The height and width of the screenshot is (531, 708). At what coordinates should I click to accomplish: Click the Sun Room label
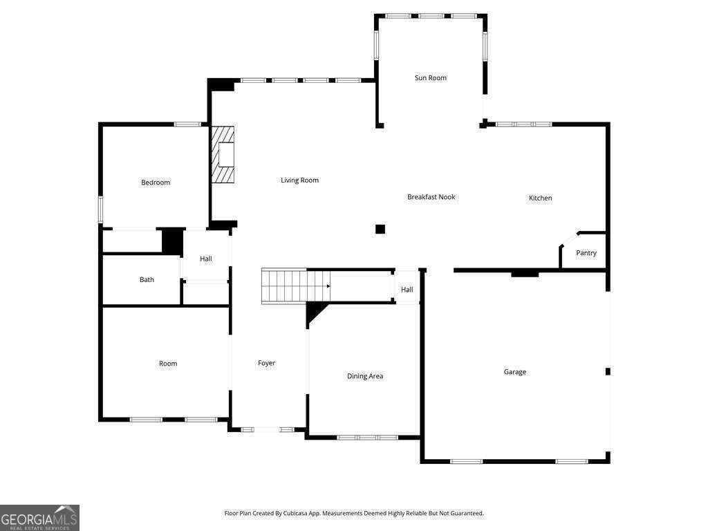tap(430, 77)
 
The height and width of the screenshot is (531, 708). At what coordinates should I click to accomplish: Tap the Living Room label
tap(299, 180)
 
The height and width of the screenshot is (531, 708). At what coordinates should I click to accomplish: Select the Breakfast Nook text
tap(431, 197)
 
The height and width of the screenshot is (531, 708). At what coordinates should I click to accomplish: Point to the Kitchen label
tap(540, 198)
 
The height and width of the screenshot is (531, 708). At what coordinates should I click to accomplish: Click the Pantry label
tap(586, 253)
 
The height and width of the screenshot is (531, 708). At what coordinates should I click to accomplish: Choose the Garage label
tap(514, 372)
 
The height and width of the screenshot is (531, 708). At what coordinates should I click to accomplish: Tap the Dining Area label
tap(365, 376)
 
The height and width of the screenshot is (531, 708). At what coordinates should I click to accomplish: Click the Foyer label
tap(266, 363)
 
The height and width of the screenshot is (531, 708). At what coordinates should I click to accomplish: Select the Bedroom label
tap(156, 183)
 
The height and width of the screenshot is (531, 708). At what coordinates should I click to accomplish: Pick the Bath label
tap(147, 279)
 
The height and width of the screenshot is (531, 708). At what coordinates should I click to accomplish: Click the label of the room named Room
tap(168, 364)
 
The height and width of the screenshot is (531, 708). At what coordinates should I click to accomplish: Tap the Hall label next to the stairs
tap(407, 290)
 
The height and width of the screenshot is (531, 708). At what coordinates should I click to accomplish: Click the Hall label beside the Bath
tap(206, 259)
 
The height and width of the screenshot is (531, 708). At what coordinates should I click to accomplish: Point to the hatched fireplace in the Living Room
tap(223, 154)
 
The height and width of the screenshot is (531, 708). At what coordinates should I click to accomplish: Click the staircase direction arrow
tap(328, 286)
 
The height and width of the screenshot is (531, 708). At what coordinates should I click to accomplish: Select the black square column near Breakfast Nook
tap(380, 229)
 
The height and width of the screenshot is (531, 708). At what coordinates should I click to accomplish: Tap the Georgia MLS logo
tap(39, 518)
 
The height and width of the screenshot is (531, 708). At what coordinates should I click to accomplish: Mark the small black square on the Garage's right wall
tap(608, 371)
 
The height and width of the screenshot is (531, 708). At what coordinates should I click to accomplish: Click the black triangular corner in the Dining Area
tap(315, 313)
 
